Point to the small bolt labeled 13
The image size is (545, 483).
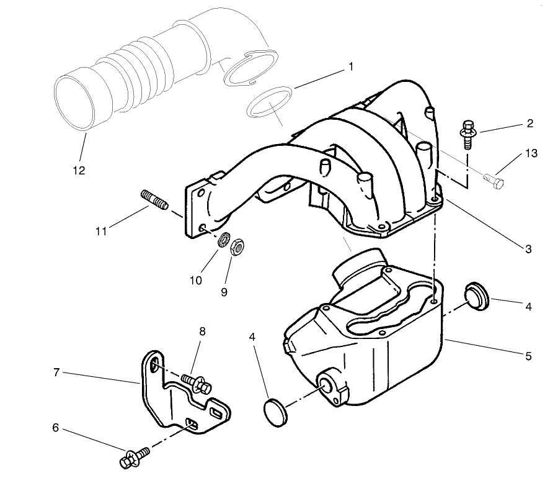(x=494, y=181)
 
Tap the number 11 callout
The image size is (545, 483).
(x=102, y=232)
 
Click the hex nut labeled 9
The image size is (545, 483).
(x=236, y=248)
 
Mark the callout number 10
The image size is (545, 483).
(x=196, y=280)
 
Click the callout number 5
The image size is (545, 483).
(x=528, y=356)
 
